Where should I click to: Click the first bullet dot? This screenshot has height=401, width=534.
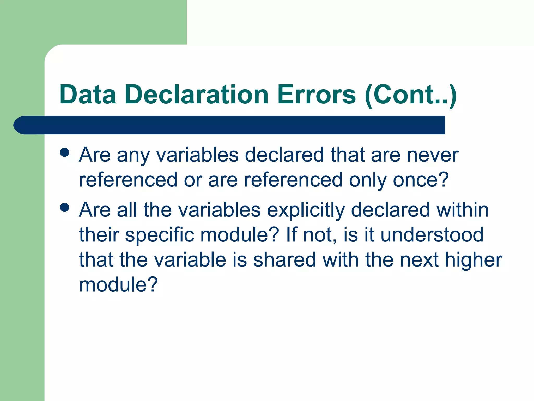[64, 152]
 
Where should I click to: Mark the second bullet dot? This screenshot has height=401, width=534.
[64, 207]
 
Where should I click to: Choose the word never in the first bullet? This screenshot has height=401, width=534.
[433, 155]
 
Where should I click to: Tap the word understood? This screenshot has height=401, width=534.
[432, 234]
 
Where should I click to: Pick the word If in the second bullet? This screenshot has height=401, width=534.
[292, 234]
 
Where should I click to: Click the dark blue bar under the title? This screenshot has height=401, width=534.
[229, 125]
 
